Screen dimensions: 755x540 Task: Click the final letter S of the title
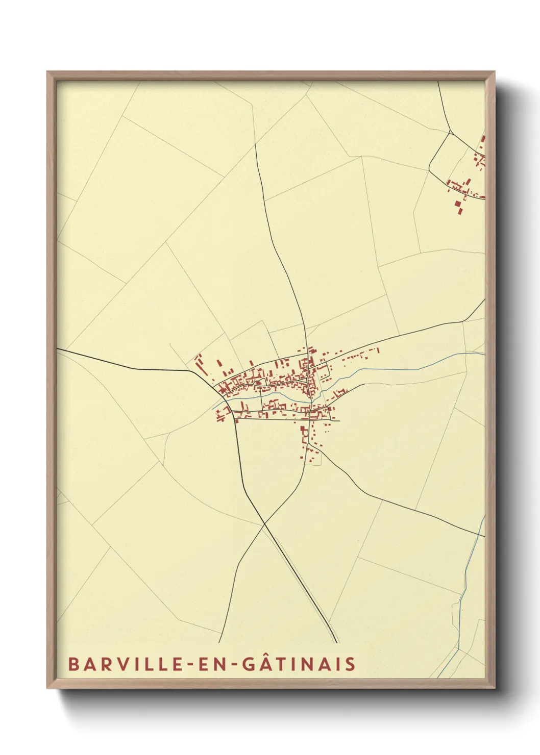click(350, 664)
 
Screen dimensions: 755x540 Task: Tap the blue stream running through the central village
click(286, 398)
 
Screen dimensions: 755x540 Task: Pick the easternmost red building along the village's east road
click(378, 349)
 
